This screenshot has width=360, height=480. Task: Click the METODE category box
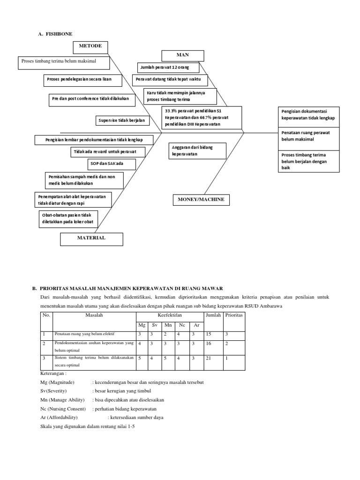coord(90,47)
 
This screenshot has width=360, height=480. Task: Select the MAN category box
coord(182,55)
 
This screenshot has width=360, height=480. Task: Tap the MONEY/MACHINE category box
coord(201,200)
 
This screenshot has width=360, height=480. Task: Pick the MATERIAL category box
coord(91,238)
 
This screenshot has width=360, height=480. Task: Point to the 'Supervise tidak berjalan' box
coord(121,121)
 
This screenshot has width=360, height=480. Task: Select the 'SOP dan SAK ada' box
coord(112,164)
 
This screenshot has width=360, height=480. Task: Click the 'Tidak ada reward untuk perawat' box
coord(108,152)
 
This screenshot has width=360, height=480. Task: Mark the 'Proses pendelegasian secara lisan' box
coord(83,80)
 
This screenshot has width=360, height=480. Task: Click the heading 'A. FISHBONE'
coord(55,34)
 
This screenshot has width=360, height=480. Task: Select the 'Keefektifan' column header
coord(170,316)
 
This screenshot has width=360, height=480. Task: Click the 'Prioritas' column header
coord(233,316)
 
